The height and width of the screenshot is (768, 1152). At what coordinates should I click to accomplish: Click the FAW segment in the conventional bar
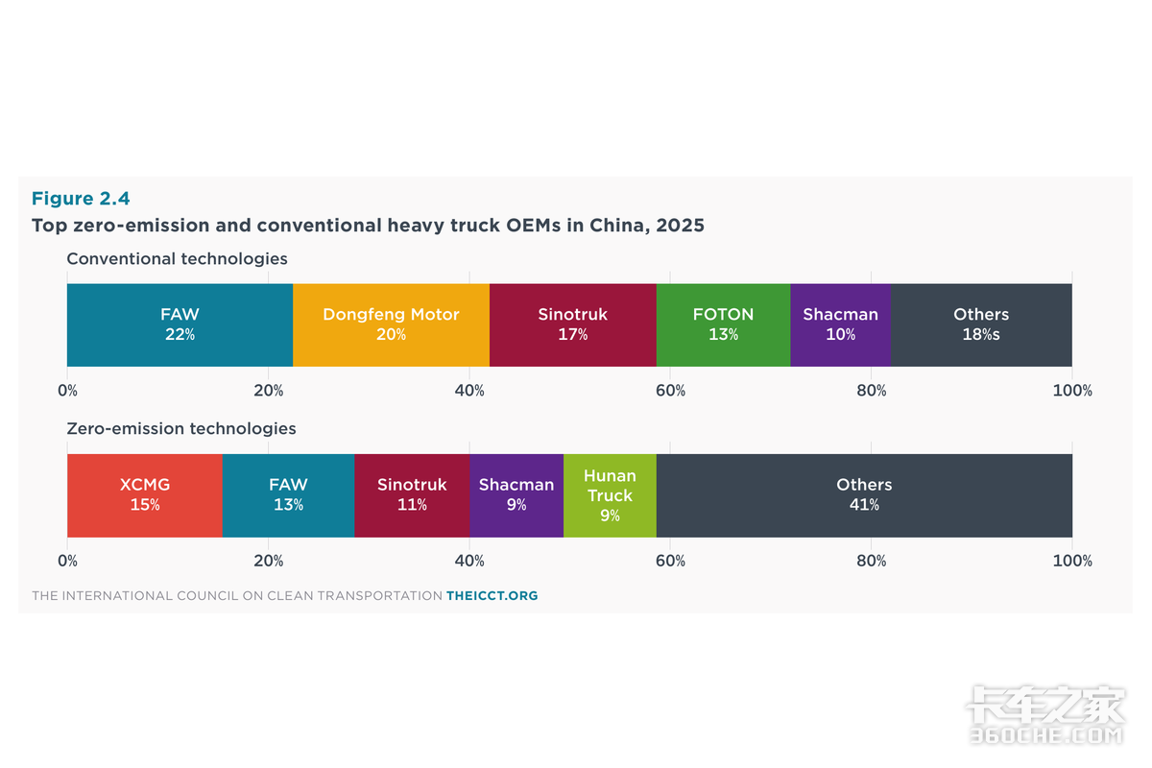point(180,324)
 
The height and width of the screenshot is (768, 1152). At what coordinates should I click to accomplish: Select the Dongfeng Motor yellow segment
point(392,324)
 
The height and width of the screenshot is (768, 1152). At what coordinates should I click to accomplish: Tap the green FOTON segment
point(723,324)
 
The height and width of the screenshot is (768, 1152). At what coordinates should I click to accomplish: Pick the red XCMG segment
point(145,495)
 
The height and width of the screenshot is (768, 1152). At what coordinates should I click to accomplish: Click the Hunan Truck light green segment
point(610,495)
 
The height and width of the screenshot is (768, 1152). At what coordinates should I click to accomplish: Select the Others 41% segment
point(865,495)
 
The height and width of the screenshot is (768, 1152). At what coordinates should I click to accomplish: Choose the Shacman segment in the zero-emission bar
point(516,495)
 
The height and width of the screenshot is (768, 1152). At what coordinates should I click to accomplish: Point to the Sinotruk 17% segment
point(573,324)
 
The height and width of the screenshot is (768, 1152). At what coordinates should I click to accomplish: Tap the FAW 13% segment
point(289,495)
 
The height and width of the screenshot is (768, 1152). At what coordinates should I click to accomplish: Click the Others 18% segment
point(981,324)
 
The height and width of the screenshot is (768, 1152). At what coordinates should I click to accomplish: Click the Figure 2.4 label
point(81,199)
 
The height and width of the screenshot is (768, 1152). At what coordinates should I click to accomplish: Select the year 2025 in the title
point(680,226)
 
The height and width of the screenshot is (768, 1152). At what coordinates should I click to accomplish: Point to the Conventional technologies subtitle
point(177,259)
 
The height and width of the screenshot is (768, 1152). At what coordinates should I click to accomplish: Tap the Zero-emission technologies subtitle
point(181,428)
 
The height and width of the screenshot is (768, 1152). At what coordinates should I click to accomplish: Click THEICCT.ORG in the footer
point(492,595)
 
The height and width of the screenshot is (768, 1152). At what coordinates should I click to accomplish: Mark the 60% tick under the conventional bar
point(670,391)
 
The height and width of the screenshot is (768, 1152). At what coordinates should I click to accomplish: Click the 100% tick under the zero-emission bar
point(1072,561)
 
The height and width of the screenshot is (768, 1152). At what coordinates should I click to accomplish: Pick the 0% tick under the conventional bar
point(67,391)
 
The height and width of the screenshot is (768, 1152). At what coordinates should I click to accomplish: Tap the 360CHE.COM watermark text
point(1046,735)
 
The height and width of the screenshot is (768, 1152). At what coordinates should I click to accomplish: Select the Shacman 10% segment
point(840,324)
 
